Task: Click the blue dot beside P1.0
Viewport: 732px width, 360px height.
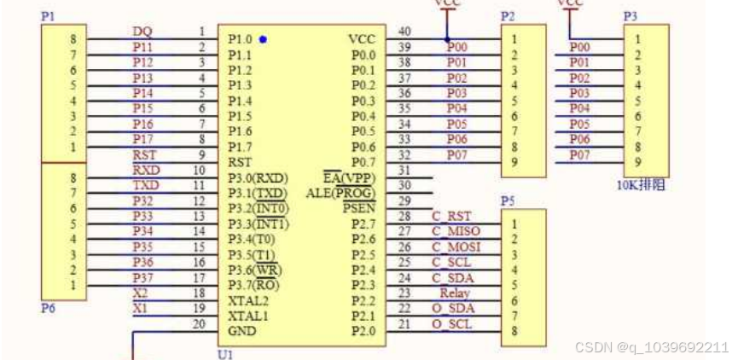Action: pos(264,39)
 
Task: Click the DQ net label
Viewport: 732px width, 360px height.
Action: pos(142,32)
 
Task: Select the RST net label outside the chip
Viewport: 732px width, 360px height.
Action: pos(143,154)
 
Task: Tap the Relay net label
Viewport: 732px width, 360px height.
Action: pos(455,293)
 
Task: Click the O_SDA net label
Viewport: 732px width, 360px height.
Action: pos(453,308)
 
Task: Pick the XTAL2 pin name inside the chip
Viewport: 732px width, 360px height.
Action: pos(247,300)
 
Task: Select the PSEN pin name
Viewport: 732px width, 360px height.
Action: pos(357,207)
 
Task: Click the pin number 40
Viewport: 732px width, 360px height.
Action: pos(404,32)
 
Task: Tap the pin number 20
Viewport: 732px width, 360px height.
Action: pos(200,323)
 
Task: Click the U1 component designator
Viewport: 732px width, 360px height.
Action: pos(225,354)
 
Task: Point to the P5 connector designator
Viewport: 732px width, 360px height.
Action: pos(508,201)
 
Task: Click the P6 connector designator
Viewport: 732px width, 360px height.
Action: pos(48,308)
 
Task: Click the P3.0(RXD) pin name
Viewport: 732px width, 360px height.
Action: pos(258,177)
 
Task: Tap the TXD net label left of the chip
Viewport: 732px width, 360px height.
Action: pos(145,185)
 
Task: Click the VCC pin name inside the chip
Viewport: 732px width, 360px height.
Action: pos(361,39)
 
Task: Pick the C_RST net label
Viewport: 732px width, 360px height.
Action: pos(451,216)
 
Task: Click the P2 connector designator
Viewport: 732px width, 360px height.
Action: pos(508,16)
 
